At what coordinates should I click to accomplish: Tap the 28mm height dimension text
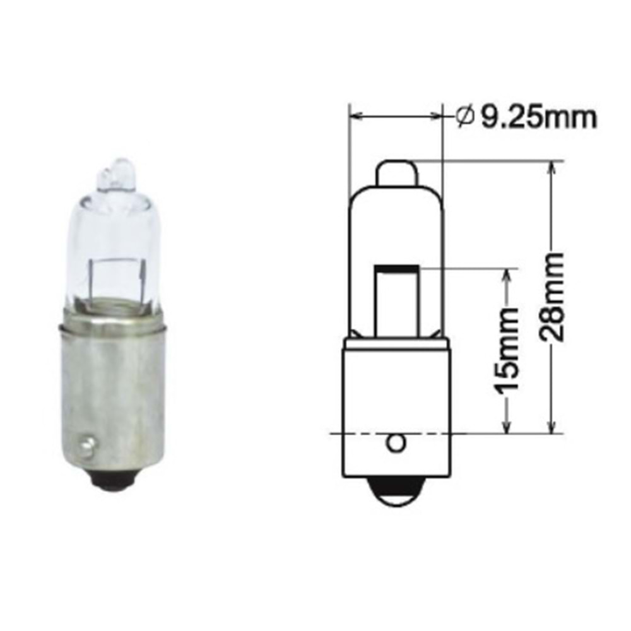pyautogui.click(x=553, y=297)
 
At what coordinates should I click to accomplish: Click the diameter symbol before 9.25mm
pyautogui.click(x=464, y=117)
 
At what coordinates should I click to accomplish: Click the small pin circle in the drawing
pyautogui.click(x=396, y=444)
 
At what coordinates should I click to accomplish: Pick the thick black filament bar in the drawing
pyautogui.click(x=396, y=270)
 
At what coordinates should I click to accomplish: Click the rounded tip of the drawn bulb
pyautogui.click(x=396, y=170)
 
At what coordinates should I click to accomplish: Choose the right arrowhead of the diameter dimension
pyautogui.click(x=438, y=116)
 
